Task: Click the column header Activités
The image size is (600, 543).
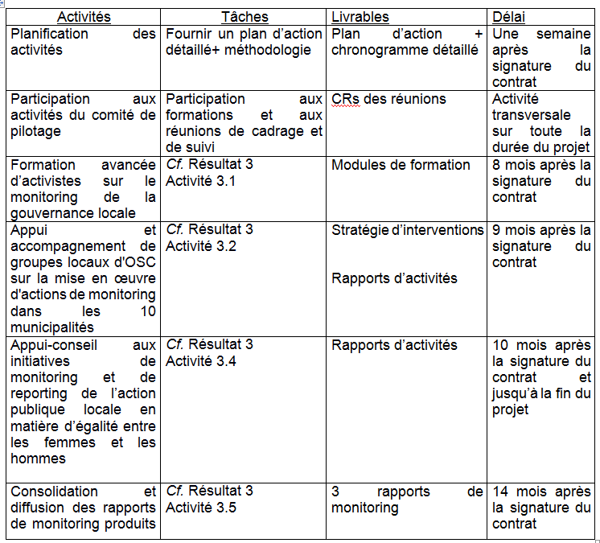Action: pyautogui.click(x=84, y=17)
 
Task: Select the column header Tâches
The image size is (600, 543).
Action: pyautogui.click(x=245, y=17)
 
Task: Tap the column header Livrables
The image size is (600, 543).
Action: pyautogui.click(x=360, y=17)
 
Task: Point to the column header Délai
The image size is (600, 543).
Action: pyautogui.click(x=512, y=17)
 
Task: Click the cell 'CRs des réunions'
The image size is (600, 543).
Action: pyautogui.click(x=388, y=99)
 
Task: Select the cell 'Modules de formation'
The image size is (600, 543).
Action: pyautogui.click(x=401, y=165)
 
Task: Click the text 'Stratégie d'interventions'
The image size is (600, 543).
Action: pyautogui.click(x=408, y=230)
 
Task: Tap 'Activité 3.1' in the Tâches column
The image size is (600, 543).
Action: pyautogui.click(x=200, y=181)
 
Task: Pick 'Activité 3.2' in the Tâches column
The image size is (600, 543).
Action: pyautogui.click(x=200, y=246)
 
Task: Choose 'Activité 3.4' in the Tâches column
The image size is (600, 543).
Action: pyautogui.click(x=200, y=361)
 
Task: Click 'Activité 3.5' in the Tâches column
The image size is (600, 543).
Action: pyautogui.click(x=200, y=508)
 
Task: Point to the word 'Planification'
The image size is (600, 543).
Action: pyautogui.click(x=50, y=34)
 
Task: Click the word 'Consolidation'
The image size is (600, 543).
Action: pyautogui.click(x=54, y=492)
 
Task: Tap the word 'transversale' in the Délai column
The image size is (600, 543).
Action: pyautogui.click(x=532, y=115)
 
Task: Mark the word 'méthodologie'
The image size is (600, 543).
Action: pyautogui.click(x=270, y=50)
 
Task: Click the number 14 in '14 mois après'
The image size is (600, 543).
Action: pyautogui.click(x=500, y=492)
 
